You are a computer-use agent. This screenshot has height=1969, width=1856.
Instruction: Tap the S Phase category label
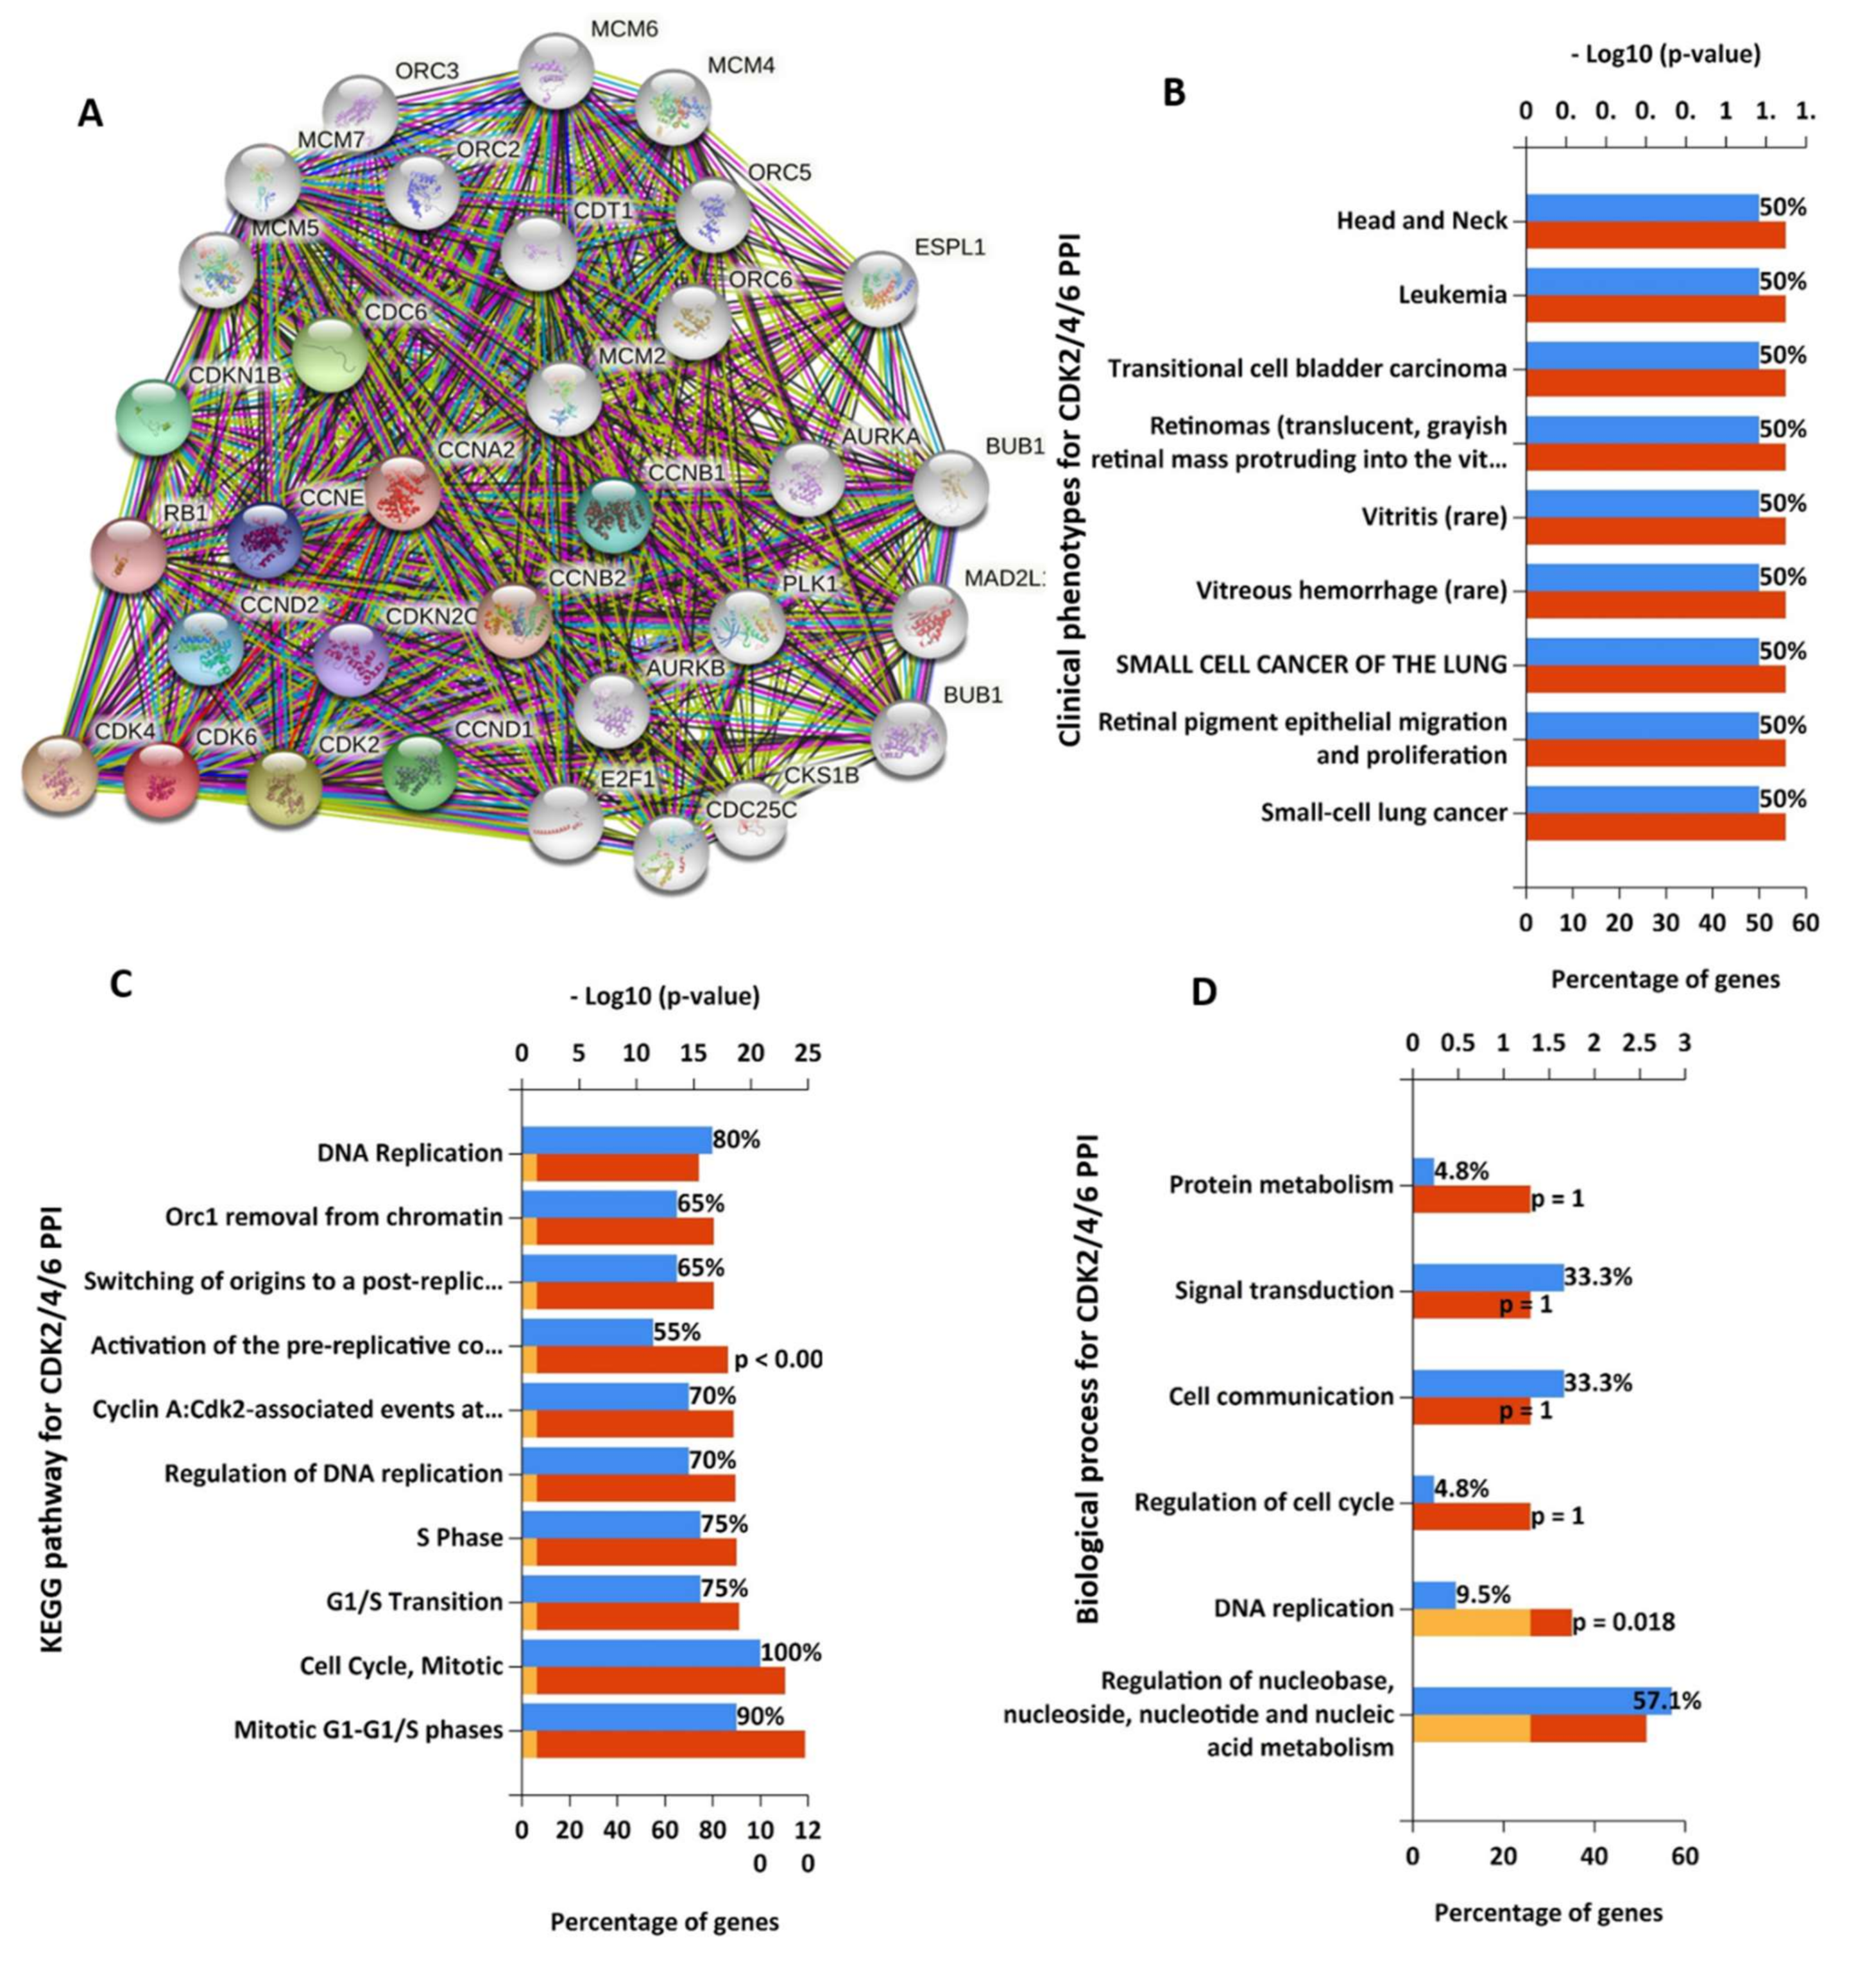pyautogui.click(x=459, y=1538)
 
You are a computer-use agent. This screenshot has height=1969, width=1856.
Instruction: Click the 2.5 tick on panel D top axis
pyautogui.click(x=1639, y=1043)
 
